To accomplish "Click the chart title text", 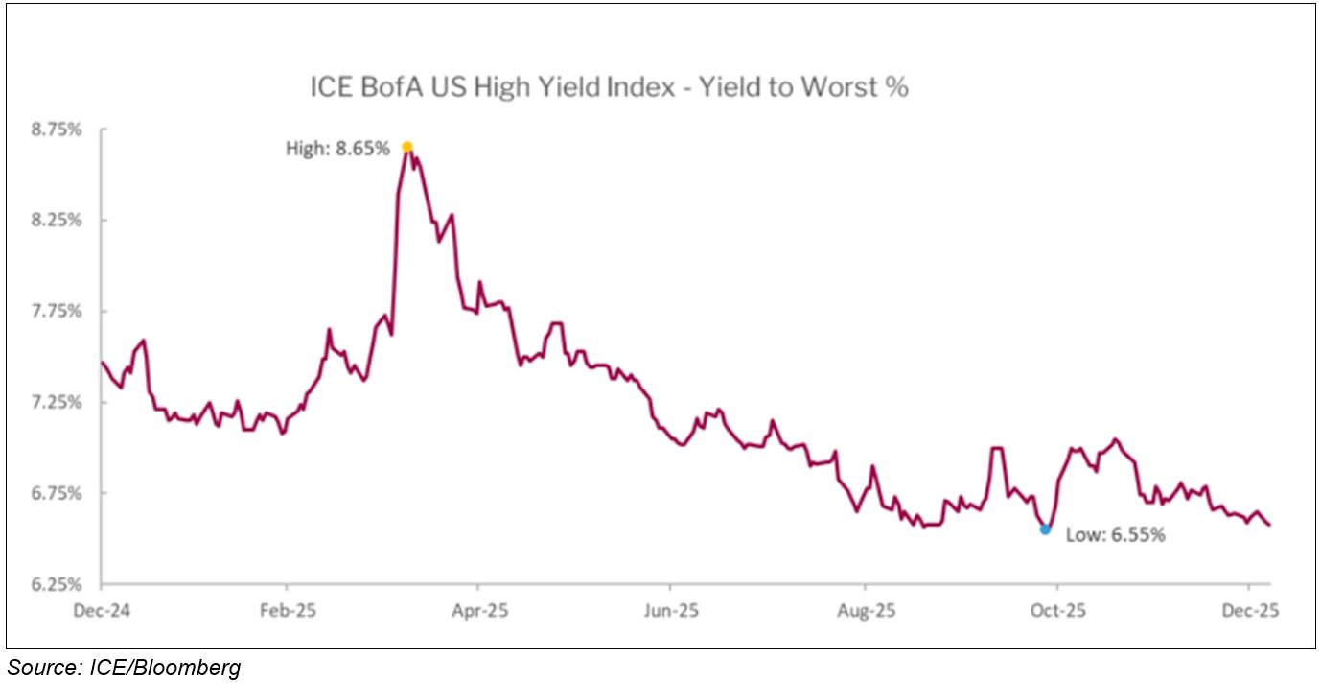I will tap(609, 87).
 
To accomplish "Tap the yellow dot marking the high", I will tap(407, 147).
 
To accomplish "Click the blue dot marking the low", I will tap(1045, 529).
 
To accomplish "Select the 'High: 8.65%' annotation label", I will tap(338, 149).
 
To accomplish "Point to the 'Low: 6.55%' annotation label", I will tap(1116, 535).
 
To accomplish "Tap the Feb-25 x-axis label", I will tap(287, 610).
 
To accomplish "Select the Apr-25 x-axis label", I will tap(477, 610).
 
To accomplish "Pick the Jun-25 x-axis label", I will tap(670, 610).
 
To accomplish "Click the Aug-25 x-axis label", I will tap(866, 610).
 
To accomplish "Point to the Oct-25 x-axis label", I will tap(1056, 610).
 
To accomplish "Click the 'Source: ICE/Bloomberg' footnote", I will tap(124, 668).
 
